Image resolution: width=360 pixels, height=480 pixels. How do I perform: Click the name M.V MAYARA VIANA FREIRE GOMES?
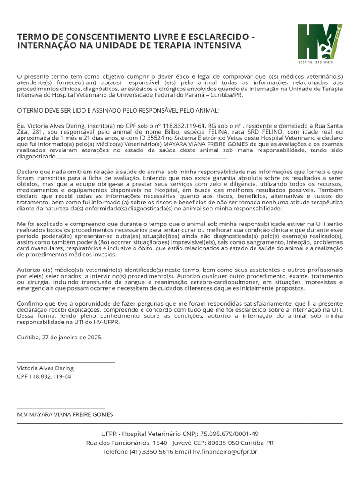point(65,415)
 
